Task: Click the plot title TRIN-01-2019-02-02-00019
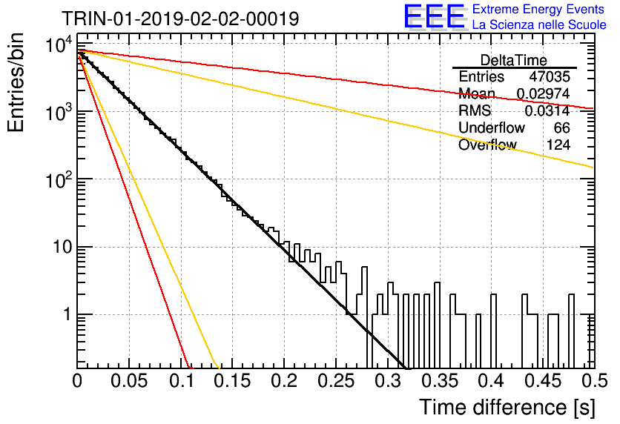[180, 19]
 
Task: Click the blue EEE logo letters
[435, 16]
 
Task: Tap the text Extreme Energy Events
[538, 9]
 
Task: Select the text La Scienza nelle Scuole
[539, 25]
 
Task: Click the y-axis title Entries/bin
[16, 83]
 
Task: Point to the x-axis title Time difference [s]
[507, 408]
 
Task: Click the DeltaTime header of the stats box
[514, 60]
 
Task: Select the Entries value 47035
[550, 76]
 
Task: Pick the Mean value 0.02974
[544, 93]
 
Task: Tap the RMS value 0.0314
[547, 111]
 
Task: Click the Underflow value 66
[561, 127]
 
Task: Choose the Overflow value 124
[558, 145]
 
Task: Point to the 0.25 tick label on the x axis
[336, 381]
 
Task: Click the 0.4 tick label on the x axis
[492, 381]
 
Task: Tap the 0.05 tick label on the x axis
[129, 381]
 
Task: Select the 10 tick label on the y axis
[62, 248]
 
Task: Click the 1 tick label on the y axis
[67, 315]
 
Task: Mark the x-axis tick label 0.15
[233, 381]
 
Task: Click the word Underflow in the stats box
[492, 127]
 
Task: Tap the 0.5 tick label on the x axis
[594, 381]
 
